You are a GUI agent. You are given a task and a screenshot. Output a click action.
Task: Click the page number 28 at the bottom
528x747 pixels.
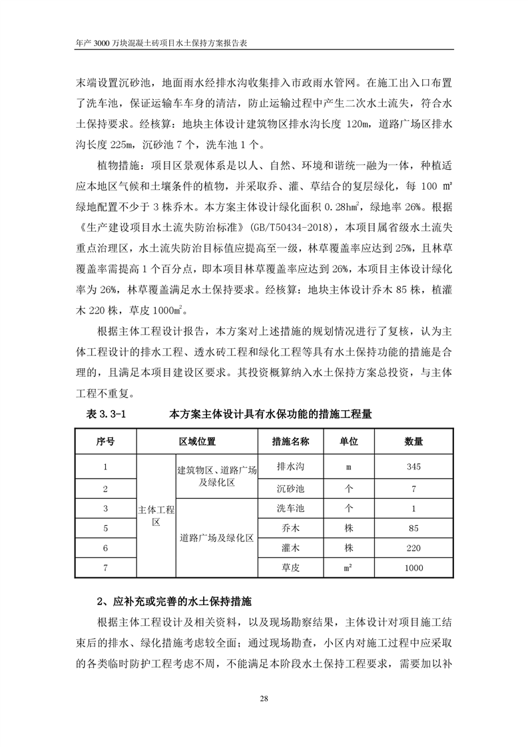264,698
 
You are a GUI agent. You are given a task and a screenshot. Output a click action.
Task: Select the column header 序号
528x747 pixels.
106,441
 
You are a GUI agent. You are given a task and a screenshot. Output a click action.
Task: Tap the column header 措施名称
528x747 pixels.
290,441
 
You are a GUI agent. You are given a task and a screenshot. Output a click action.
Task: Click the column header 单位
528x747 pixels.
348,441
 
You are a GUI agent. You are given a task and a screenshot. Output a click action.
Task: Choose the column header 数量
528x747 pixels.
413,441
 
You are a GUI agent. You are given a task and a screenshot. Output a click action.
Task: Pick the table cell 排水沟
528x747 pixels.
290,467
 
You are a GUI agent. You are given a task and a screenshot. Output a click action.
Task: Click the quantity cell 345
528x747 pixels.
413,467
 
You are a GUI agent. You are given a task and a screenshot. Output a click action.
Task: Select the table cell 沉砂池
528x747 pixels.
290,489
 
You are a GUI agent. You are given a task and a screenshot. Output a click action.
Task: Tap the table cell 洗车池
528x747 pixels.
290,509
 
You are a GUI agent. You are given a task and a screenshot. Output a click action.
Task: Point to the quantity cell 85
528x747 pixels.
413,529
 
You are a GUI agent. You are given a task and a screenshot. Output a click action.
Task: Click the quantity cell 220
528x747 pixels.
413,548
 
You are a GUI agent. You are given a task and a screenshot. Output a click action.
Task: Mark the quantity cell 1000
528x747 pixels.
413,568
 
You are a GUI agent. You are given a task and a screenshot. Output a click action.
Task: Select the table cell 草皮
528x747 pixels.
290,568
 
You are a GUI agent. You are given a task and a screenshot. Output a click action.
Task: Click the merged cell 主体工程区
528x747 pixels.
156,516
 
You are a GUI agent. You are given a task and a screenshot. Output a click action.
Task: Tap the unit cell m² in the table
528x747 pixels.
348,568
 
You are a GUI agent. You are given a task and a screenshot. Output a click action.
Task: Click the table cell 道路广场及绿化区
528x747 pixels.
217,538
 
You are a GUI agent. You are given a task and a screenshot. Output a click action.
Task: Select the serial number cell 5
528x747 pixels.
106,529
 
